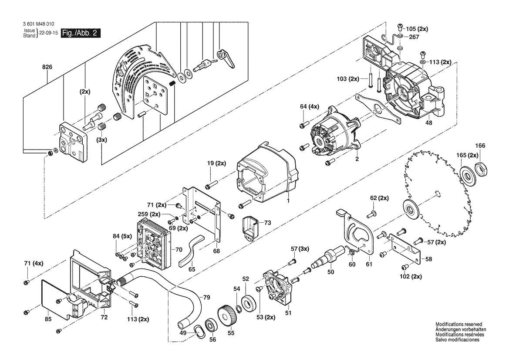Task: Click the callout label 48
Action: tap(429, 123)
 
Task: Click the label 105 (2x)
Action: tap(417, 29)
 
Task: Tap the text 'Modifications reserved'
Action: tap(458, 325)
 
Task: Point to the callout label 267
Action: tap(414, 37)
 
